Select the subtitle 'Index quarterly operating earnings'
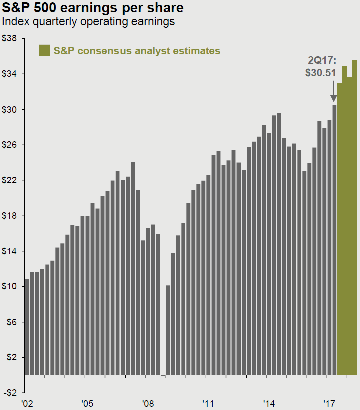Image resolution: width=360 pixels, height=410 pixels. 88,22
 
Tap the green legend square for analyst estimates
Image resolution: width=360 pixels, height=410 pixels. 44,50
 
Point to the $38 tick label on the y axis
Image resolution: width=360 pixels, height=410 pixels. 10,39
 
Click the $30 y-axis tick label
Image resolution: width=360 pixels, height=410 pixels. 10,110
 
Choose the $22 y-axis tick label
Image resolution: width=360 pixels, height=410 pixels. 10,180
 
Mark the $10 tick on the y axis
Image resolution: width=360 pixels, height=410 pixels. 10,287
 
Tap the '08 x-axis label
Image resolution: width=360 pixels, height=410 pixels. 148,403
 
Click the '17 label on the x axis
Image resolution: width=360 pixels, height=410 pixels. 329,403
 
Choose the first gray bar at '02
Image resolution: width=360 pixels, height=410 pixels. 27,327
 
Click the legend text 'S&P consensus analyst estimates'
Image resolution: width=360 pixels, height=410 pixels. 137,51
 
